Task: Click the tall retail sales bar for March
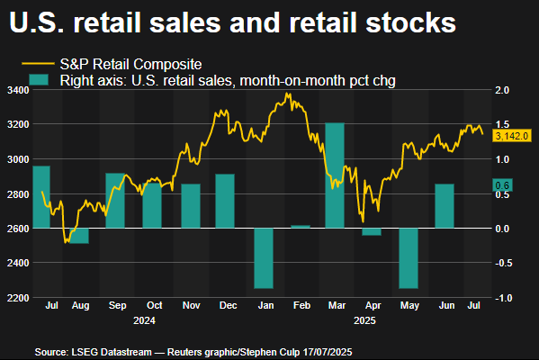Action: [x=335, y=175]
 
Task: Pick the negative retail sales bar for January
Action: [x=264, y=258]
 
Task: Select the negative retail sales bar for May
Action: [x=409, y=258]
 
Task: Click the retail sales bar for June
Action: [x=445, y=206]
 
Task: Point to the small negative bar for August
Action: [x=79, y=236]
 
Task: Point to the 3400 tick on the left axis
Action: [x=15, y=91]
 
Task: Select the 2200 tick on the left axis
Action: [x=15, y=298]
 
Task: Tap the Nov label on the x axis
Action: [x=192, y=306]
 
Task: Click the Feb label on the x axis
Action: [x=301, y=306]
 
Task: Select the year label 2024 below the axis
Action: [x=144, y=319]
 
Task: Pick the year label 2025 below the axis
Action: [x=365, y=319]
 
